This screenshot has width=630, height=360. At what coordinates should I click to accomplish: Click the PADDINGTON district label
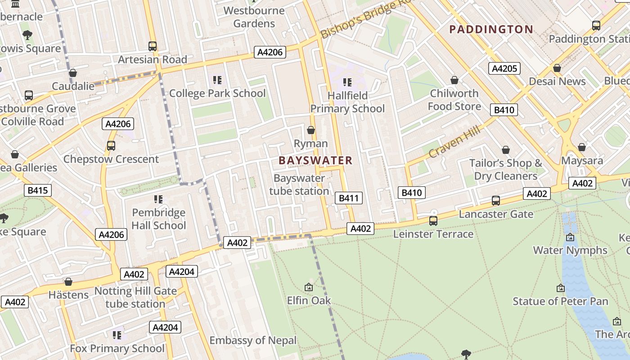click(x=491, y=30)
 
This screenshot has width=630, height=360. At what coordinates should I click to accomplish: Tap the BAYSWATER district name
click(x=315, y=161)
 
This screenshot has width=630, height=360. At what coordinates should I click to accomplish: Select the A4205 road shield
click(x=504, y=68)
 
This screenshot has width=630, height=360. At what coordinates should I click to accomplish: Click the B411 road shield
click(x=348, y=198)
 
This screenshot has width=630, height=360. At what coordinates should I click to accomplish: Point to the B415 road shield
click(x=38, y=190)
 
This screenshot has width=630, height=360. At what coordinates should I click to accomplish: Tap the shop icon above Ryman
click(x=310, y=130)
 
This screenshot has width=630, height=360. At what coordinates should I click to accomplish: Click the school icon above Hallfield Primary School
click(x=347, y=82)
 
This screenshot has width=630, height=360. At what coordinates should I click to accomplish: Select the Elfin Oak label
click(x=309, y=300)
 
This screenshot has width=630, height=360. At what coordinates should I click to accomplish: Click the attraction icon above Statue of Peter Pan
click(x=561, y=288)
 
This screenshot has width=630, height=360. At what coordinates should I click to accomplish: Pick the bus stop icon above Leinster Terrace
click(x=433, y=221)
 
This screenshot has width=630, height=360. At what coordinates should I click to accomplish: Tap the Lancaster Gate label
click(x=496, y=214)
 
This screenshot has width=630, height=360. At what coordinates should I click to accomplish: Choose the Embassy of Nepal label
click(x=253, y=340)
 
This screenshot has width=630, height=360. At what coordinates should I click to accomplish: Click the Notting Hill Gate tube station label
click(x=135, y=297)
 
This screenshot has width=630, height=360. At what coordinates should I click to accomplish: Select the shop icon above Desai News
click(x=557, y=68)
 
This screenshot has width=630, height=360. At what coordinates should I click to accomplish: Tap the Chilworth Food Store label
click(x=454, y=100)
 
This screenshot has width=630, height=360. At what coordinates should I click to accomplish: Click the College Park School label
click(x=217, y=94)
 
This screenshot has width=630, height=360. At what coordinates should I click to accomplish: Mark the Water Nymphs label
click(x=570, y=250)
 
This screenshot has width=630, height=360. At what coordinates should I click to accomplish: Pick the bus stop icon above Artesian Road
click(x=153, y=46)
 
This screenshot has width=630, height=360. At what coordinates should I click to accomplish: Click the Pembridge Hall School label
click(x=158, y=219)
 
